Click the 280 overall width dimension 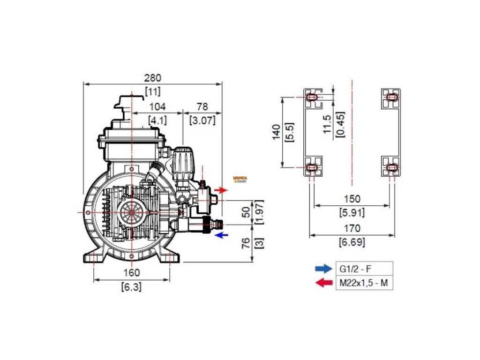pos(152,78)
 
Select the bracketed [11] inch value pos(152,91)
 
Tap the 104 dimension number pos(157,107)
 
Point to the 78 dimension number pos(202,107)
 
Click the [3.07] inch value pos(202,120)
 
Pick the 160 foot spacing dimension pos(131,273)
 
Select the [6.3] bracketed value pos(131,286)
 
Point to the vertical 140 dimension pos(276,132)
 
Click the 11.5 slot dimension pos(328,124)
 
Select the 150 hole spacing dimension pos(352,199)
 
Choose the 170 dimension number pos(352,229)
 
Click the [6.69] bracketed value pos(352,242)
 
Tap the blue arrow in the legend pos(322,269)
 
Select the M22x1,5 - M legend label pos(364,283)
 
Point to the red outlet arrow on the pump pos(221,190)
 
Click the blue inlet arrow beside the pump pos(221,235)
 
